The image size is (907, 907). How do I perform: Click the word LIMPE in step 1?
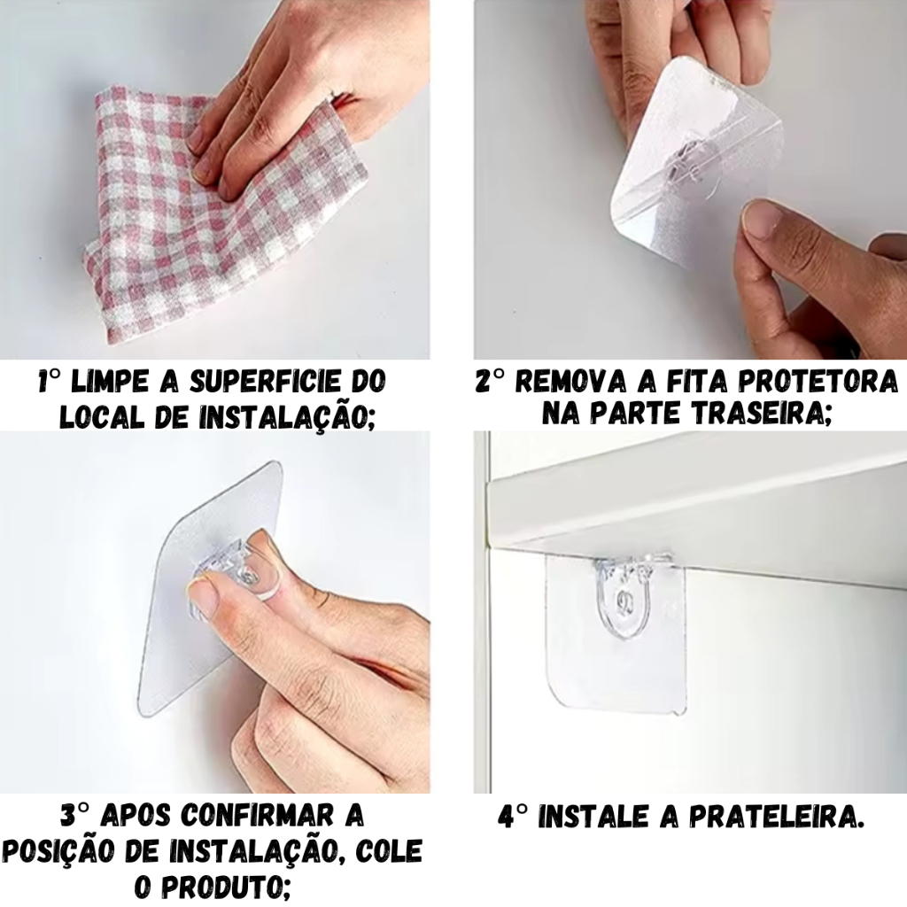tap(107, 383)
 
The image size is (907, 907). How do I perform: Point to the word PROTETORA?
tap(817, 382)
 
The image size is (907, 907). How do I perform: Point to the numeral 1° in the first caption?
tap(50, 382)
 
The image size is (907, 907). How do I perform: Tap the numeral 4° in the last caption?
tap(513, 817)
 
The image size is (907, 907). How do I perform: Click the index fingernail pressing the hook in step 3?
tap(200, 591)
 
